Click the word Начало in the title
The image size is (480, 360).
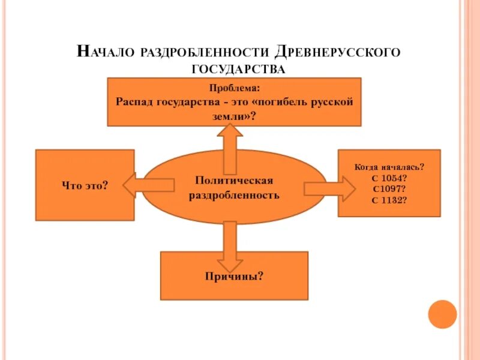(106, 51)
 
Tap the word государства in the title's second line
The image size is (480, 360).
(238, 69)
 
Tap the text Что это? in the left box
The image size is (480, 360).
(85, 185)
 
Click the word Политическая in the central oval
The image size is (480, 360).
(235, 181)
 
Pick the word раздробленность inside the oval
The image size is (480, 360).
(235, 195)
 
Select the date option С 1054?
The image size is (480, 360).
(389, 179)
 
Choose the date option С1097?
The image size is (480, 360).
(389, 189)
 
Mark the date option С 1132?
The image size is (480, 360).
(389, 199)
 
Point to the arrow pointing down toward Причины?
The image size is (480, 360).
(229, 246)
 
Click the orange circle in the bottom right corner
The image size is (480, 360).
(442, 314)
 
